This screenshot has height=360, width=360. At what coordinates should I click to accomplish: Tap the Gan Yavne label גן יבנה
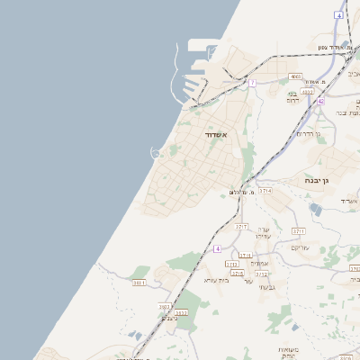tap(321, 180)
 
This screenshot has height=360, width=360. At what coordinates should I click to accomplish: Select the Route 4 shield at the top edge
tap(338, 15)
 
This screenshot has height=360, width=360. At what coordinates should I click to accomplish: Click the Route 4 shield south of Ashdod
tap(217, 248)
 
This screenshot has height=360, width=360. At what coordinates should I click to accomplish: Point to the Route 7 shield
tap(253, 83)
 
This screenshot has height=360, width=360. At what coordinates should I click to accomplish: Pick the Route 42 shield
tap(320, 102)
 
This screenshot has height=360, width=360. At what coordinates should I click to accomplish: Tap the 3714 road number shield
tap(265, 191)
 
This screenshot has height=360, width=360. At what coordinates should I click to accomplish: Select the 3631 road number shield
tap(139, 283)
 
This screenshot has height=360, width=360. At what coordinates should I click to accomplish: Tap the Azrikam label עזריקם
tap(301, 247)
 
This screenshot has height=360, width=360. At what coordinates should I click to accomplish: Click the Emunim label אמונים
tap(260, 263)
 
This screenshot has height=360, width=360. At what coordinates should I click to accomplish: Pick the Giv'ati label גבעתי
tap(266, 287)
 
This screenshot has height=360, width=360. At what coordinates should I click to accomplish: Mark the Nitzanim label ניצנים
tap(169, 317)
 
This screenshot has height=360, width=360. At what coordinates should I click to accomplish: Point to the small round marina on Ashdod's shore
tap(156, 152)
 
